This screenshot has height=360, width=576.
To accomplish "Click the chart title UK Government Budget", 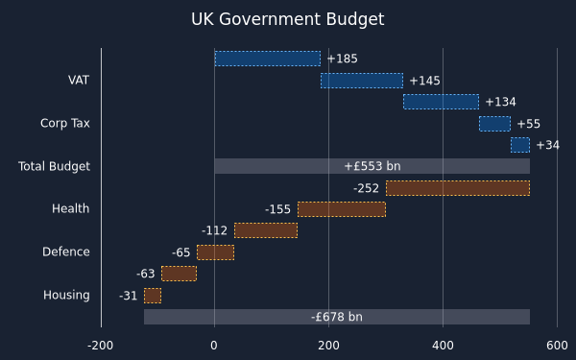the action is tap(288, 19).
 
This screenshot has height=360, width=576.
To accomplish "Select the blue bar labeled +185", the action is tap(268, 59).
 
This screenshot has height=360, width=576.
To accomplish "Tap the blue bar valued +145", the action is tap(362, 81).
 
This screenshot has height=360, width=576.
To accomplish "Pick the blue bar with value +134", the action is tap(442, 102).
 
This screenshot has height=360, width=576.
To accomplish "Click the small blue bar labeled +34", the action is tap(520, 145).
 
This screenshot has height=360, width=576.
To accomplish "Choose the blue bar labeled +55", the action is tap(494, 124).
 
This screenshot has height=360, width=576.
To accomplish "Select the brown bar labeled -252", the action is tap(458, 188).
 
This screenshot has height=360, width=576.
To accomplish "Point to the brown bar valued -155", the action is tap(342, 209).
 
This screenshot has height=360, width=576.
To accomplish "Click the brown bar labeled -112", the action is tap(266, 230).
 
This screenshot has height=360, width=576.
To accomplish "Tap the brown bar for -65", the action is tap(216, 252).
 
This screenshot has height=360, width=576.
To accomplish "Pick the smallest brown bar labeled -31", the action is tap(153, 296).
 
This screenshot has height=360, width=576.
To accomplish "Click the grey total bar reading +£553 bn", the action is tap(372, 166).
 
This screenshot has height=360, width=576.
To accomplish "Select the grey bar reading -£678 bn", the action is tap(337, 317).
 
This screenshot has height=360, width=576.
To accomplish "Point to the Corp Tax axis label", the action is tap(65, 123).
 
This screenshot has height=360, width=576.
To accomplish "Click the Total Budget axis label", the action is tap(54, 166).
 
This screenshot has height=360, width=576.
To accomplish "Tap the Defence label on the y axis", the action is tap(66, 252).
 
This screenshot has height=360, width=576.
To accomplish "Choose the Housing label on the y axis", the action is tap(66, 295).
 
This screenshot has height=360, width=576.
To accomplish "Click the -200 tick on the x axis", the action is tap(100, 346).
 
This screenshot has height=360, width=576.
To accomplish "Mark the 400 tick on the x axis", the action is tap(443, 346).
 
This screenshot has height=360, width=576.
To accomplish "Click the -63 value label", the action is tap(146, 274).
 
